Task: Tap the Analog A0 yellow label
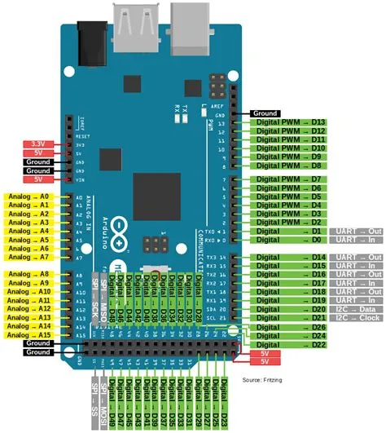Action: pyautogui.click(x=29, y=197)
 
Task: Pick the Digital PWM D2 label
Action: pyautogui.click(x=288, y=222)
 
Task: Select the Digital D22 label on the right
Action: pyautogui.click(x=288, y=344)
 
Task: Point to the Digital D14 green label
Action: pyautogui.click(x=288, y=258)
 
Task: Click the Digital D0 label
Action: pyautogui.click(x=288, y=241)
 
